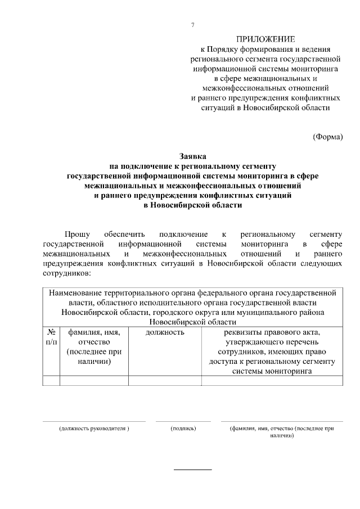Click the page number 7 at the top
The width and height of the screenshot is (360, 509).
coord(193,25)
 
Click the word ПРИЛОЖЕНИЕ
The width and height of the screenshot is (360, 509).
coord(265,39)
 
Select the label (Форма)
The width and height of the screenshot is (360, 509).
coord(327,136)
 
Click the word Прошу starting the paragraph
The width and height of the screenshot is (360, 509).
coord(73,234)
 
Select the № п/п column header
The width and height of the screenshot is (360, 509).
coord(51,337)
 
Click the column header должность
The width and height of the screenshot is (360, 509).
coord(165,332)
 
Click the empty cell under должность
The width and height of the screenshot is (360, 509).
coord(165,381)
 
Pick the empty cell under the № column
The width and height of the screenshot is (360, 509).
coord(51,381)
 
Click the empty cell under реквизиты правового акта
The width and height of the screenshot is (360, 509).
coord(271,381)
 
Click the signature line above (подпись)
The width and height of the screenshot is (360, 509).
coord(183,421)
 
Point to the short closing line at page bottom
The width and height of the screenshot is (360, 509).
coord(192,469)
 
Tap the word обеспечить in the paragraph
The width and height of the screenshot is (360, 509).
coord(124,234)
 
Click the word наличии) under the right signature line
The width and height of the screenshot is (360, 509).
coord(282,436)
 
